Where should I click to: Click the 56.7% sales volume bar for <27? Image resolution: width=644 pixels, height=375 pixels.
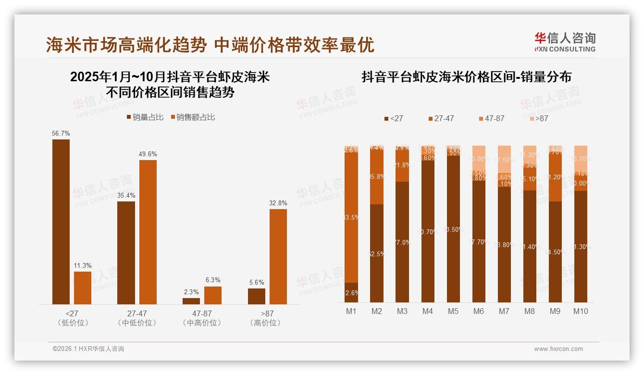tap(61, 222)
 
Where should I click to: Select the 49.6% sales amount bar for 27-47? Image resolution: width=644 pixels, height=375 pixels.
tap(148, 232)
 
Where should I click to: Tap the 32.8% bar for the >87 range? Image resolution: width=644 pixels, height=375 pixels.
tap(278, 256)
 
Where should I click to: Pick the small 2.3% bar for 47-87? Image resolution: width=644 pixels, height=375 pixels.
tap(191, 301)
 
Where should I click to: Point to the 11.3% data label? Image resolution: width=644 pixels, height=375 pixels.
tap(82, 265)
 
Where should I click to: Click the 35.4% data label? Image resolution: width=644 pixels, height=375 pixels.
tap(126, 195)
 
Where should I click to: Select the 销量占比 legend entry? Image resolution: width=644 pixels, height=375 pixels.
tap(145, 117)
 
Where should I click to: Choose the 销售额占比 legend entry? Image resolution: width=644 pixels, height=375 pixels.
tap(192, 117)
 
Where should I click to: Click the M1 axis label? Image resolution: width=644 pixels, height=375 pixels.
tap(351, 311)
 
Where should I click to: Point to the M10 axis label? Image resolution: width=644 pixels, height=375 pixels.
tap(581, 311)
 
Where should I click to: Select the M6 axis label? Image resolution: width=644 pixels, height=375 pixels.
tap(479, 311)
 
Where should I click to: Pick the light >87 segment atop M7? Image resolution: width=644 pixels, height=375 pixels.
tap(504, 159)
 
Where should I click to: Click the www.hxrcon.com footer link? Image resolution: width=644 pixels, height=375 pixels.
tap(558, 349)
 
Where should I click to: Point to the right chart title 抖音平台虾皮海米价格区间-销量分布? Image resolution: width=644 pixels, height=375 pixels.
tap(466, 77)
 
